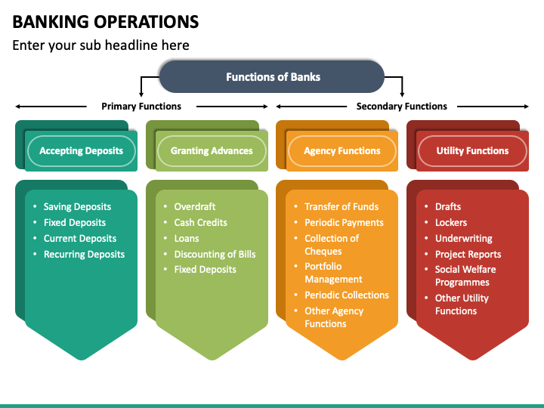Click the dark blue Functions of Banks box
(272, 77)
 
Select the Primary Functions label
(141, 107)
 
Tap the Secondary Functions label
(401, 107)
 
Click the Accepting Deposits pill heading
(81, 151)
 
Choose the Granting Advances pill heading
(212, 151)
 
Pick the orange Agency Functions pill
(342, 151)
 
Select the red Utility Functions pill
(472, 151)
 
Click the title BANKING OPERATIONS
(106, 21)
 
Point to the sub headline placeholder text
(100, 45)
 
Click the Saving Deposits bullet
(77, 207)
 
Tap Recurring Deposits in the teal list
(84, 255)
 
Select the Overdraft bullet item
(195, 207)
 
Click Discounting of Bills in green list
(215, 255)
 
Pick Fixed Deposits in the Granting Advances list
(205, 270)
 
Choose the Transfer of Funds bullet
(342, 207)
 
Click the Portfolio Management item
(333, 273)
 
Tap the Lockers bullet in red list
(451, 223)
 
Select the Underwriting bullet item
(463, 239)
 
